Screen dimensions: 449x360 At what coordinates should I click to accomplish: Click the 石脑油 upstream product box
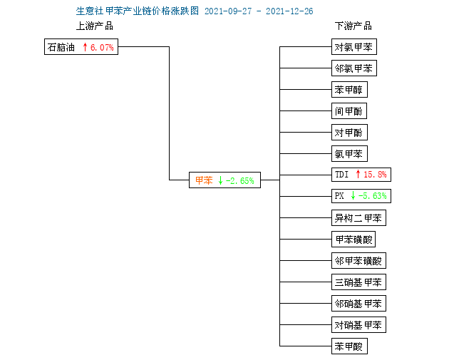81,46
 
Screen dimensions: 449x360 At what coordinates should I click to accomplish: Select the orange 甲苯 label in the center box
204,180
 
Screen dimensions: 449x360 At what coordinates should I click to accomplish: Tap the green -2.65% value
239,181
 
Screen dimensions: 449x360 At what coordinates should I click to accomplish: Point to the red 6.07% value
102,47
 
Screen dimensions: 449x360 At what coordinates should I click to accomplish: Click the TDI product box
361,175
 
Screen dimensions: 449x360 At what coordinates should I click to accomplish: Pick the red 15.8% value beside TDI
375,175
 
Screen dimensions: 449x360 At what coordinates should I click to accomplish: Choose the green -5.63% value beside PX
372,196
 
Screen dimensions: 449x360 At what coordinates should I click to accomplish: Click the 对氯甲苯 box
354,46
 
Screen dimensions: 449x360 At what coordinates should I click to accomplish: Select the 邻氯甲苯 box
354,68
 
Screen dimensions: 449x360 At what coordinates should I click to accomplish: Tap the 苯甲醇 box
349,90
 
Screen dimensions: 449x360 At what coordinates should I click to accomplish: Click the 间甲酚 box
349,110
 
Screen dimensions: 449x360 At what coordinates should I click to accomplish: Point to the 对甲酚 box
349,133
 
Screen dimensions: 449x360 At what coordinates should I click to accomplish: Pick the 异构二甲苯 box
358,218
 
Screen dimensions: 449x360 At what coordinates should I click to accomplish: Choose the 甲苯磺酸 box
353,239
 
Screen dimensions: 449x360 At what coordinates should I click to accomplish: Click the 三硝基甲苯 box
358,282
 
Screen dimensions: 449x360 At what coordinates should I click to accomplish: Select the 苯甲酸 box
349,346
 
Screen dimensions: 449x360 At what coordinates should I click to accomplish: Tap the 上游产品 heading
95,26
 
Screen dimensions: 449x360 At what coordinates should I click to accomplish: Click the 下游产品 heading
353,26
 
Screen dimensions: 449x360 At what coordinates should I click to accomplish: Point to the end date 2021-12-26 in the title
289,11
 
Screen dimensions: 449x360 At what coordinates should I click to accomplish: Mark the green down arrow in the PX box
353,195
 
